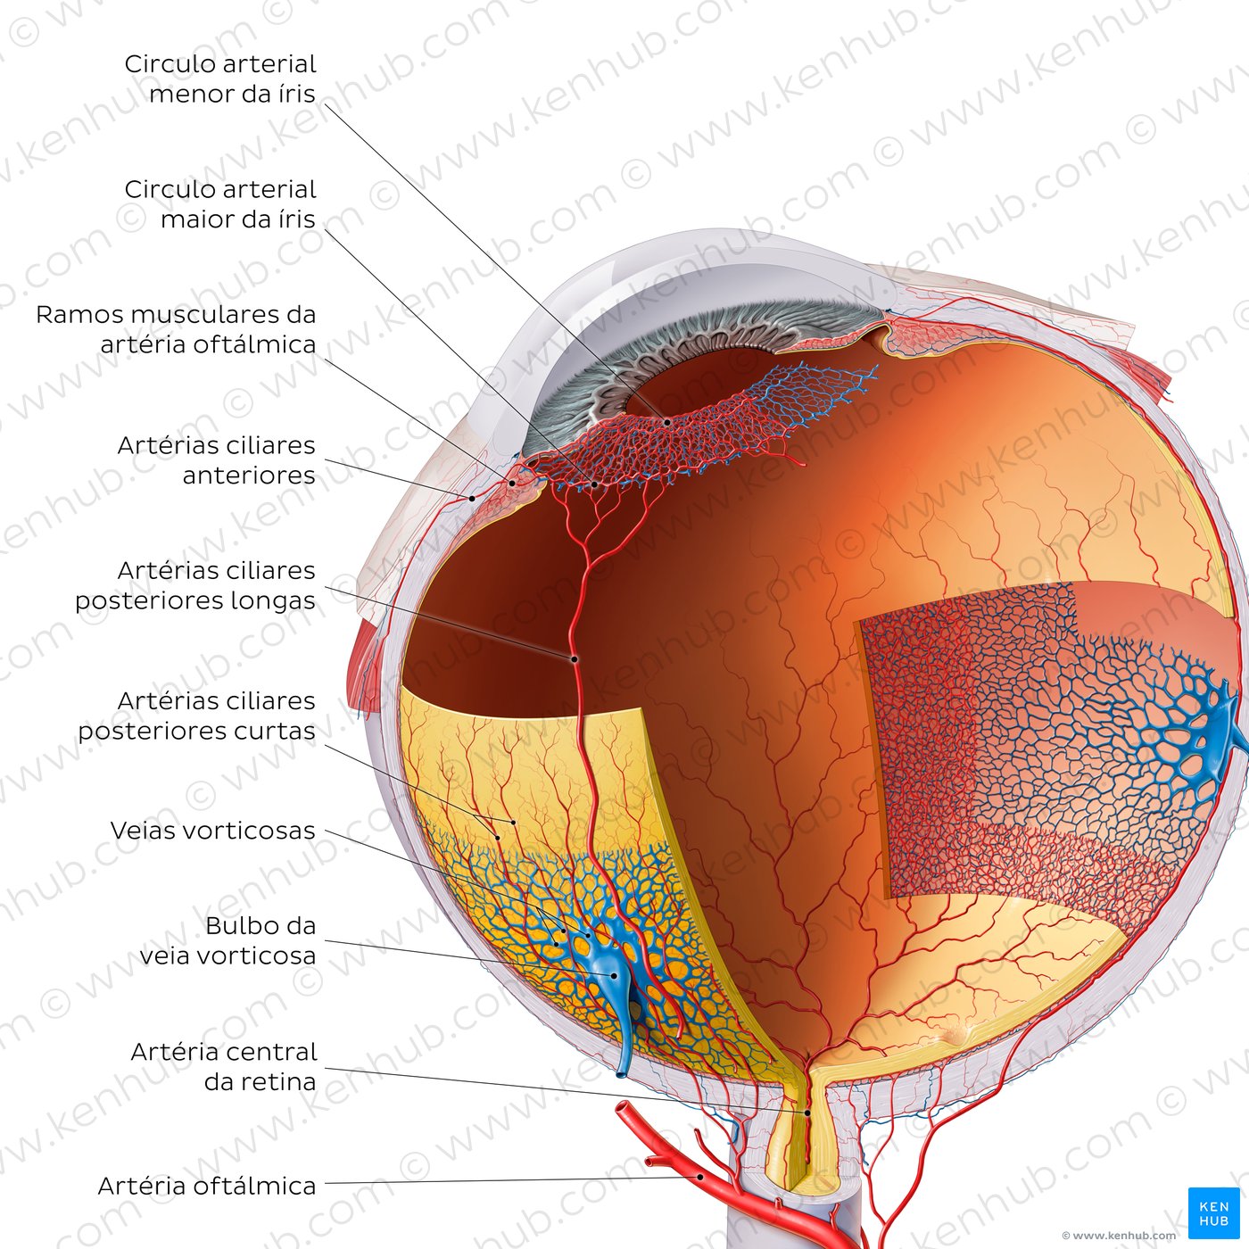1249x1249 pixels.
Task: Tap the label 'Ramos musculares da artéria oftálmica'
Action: (x=176, y=329)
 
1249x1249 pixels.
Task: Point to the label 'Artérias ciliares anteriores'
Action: (x=216, y=459)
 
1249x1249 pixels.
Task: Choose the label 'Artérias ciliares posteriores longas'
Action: (x=194, y=585)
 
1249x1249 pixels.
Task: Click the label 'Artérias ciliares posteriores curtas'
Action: (x=196, y=715)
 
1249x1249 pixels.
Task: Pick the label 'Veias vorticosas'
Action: (x=212, y=831)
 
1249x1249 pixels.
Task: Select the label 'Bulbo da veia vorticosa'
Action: (x=227, y=940)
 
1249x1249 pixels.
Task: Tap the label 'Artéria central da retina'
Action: (x=223, y=1066)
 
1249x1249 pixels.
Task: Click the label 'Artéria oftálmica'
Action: (x=206, y=1186)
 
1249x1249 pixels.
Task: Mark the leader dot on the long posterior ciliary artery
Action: (x=575, y=659)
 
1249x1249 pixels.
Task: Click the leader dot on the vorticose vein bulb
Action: (x=614, y=975)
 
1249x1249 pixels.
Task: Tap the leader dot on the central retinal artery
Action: (x=808, y=1113)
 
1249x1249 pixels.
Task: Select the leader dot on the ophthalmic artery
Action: (x=701, y=1177)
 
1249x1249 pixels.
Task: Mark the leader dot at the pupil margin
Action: (x=666, y=421)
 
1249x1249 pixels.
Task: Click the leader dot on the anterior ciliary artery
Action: (x=472, y=498)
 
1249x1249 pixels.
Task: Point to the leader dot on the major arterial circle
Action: (x=595, y=484)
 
